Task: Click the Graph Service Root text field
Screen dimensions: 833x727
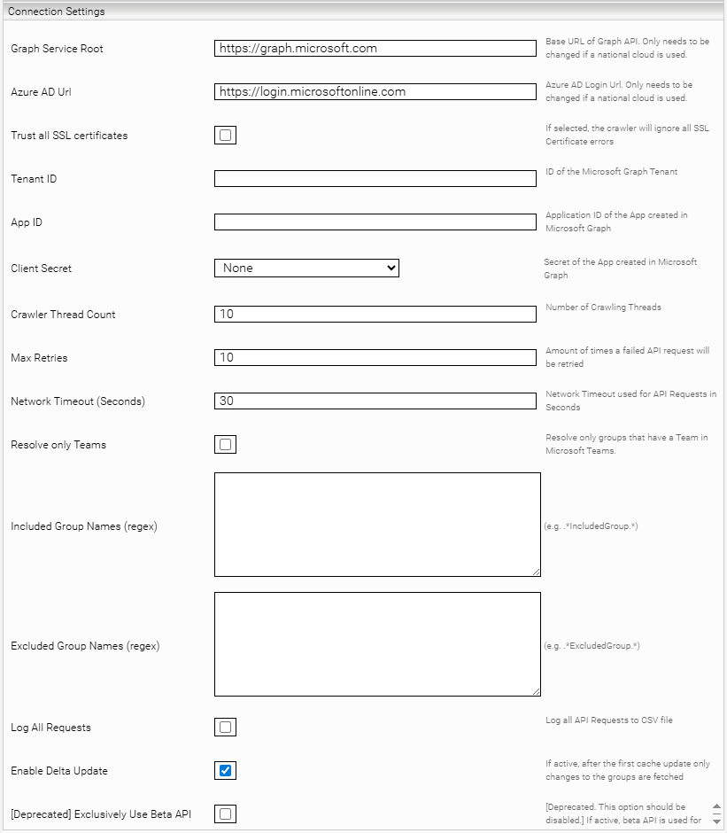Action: pos(375,48)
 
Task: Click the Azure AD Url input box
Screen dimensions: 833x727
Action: pos(375,91)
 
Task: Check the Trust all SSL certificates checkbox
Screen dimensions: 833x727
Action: pos(225,136)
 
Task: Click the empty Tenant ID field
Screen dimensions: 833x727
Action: pos(375,179)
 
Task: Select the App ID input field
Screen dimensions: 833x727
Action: pos(375,222)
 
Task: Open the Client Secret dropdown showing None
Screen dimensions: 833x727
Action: pos(306,268)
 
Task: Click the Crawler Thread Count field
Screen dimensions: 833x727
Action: pos(375,314)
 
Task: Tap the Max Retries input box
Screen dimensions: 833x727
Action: pos(375,357)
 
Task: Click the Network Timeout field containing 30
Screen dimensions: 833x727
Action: pos(375,401)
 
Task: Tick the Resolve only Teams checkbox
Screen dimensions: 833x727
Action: pos(225,445)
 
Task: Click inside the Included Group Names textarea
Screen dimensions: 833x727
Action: pos(377,525)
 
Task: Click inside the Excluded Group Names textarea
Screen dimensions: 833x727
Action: pos(377,644)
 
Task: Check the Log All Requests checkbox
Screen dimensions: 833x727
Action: pos(225,728)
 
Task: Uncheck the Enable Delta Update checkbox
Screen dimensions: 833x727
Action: pos(225,771)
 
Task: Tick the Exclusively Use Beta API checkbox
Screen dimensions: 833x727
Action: pos(225,814)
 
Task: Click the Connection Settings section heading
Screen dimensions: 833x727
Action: pos(56,12)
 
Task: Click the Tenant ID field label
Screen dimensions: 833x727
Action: pos(34,179)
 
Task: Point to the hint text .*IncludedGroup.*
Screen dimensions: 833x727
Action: pos(592,526)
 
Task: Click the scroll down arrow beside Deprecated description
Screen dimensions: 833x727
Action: pos(716,820)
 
